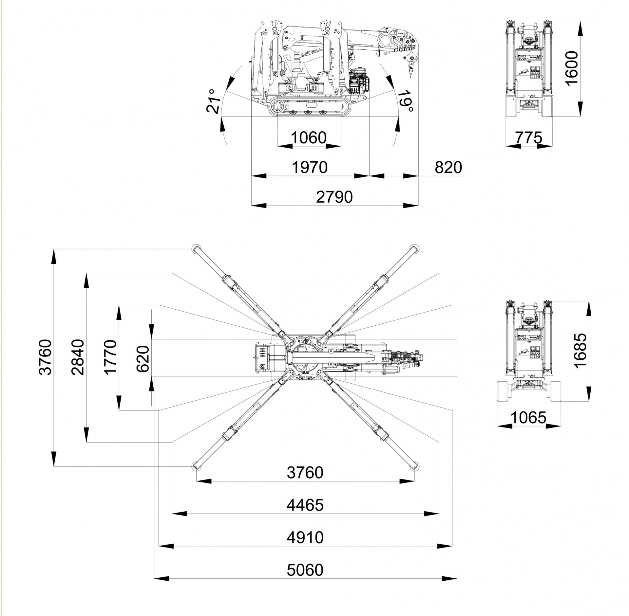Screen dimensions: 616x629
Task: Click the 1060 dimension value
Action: click(309, 138)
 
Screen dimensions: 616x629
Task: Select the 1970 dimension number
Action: click(310, 168)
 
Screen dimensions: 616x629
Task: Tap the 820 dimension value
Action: click(448, 168)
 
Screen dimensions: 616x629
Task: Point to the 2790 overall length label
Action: click(334, 197)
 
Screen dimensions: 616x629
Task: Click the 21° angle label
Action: click(214, 101)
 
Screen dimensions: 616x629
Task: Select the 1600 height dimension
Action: click(572, 68)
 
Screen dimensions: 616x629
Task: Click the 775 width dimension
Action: click(529, 138)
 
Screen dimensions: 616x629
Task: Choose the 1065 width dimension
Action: click(528, 418)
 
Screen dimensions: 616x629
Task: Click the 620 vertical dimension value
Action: click(143, 359)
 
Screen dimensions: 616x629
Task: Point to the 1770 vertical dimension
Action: click(110, 357)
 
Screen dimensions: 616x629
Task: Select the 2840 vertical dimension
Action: click(78, 357)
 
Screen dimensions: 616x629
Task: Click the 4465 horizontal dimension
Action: click(305, 505)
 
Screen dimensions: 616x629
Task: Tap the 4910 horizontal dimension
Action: click(305, 537)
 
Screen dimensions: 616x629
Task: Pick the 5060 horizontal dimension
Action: click(305, 570)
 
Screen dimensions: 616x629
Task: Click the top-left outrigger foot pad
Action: click(196, 248)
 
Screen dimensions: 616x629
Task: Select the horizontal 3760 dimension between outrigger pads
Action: click(305, 473)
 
